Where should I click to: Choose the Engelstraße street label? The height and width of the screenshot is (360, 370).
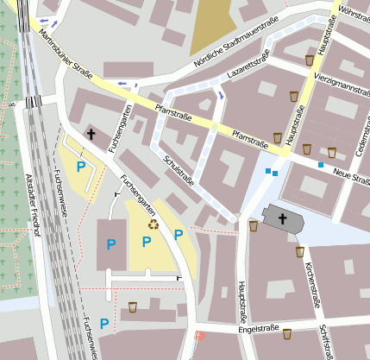coord(255,330)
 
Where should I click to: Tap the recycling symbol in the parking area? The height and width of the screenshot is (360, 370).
coord(154,224)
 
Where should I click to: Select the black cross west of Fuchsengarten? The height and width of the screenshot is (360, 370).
coord(91,134)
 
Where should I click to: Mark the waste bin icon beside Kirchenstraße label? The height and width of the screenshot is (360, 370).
coord(299,252)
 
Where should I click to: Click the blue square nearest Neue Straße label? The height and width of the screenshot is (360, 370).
coord(321,164)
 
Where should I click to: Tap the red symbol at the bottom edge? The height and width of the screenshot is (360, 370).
coord(199,335)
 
